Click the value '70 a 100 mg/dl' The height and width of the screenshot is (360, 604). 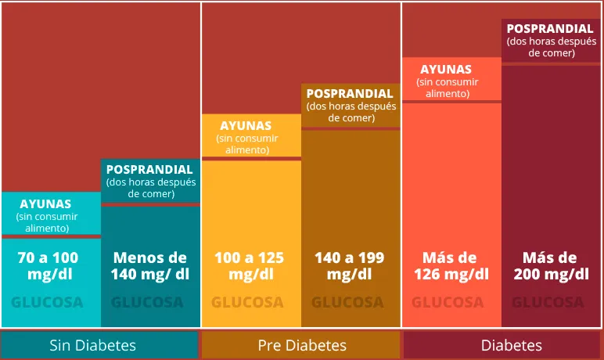click(x=48, y=265)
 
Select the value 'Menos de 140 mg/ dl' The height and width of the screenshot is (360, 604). click(x=150, y=265)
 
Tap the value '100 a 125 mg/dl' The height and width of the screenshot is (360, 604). click(x=250, y=265)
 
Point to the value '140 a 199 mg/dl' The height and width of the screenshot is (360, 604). click(x=351, y=265)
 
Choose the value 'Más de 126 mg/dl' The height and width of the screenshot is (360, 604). click(x=450, y=265)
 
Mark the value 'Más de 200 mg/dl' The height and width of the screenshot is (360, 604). click(x=551, y=265)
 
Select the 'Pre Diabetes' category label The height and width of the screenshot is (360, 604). click(x=302, y=345)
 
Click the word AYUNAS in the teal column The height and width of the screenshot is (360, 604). click(x=45, y=203)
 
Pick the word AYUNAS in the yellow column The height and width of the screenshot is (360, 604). click(x=246, y=125)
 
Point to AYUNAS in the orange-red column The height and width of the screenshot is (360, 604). click(x=446, y=69)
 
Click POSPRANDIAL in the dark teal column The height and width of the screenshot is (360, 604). click(x=149, y=169)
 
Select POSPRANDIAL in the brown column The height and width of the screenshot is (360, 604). click(x=350, y=93)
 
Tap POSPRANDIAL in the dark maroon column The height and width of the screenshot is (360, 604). click(x=550, y=29)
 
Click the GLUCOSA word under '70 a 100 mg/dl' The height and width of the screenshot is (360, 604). click(x=48, y=302)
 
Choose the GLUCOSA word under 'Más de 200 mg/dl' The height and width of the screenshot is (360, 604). click(x=551, y=302)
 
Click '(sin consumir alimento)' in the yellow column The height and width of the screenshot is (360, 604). click(x=246, y=144)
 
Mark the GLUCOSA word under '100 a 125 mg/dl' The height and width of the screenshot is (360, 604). click(x=250, y=302)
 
